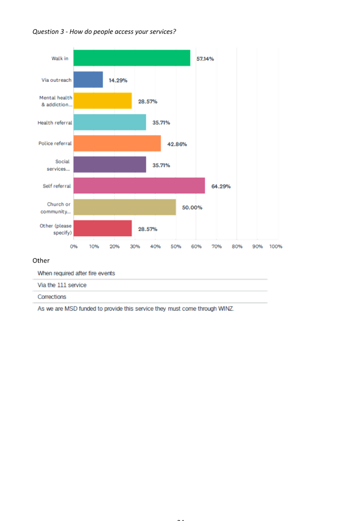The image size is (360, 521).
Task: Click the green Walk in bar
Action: pyautogui.click(x=132, y=58)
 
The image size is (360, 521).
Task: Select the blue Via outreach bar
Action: pyautogui.click(x=88, y=80)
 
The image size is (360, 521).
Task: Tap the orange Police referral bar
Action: pyautogui.click(x=117, y=144)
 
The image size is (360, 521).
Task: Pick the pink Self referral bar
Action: pyautogui.click(x=139, y=186)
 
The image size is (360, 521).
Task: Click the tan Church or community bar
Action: pyautogui.click(x=125, y=208)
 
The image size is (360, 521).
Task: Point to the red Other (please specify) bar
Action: pyautogui.click(x=103, y=229)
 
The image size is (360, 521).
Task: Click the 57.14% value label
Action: pyautogui.click(x=205, y=59)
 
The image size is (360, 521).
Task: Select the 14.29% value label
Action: pyautogui.click(x=118, y=81)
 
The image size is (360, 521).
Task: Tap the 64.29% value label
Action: pyautogui.click(x=220, y=187)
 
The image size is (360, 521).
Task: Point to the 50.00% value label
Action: pyautogui.click(x=192, y=208)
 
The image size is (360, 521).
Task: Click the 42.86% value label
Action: pyautogui.click(x=176, y=144)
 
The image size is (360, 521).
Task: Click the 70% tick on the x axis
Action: pyautogui.click(x=217, y=246)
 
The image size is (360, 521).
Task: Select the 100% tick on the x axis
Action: pyautogui.click(x=276, y=246)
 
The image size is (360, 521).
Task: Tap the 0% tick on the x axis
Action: pyautogui.click(x=74, y=246)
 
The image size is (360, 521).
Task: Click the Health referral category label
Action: pyautogui.click(x=54, y=123)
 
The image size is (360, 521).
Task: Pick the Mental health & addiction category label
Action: pyautogui.click(x=56, y=101)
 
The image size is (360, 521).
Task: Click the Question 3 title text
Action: pyautogui.click(x=104, y=32)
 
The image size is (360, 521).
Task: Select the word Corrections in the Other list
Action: pyautogui.click(x=52, y=297)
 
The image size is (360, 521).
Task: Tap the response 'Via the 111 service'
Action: pyautogui.click(x=62, y=285)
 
